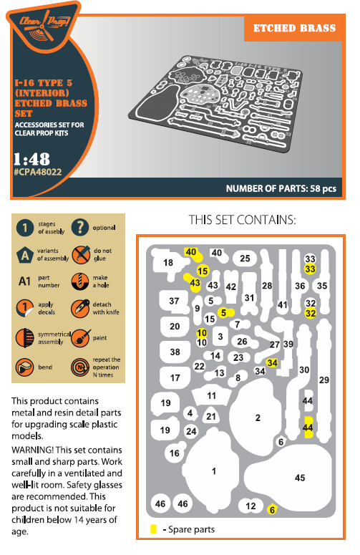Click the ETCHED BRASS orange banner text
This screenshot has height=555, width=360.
pyautogui.click(x=294, y=29)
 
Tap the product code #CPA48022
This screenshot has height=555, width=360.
pyautogui.click(x=37, y=172)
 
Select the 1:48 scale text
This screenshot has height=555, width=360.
pyautogui.click(x=31, y=159)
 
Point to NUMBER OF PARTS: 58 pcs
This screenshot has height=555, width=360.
pyautogui.click(x=281, y=188)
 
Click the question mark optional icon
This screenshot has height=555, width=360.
pyautogui.click(x=80, y=227)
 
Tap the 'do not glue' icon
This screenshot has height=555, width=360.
pyautogui.click(x=81, y=254)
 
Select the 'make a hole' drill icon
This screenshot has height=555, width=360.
pyautogui.click(x=80, y=281)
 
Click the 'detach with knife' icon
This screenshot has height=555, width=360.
pyautogui.click(x=80, y=309)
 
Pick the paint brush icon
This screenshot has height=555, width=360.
pyautogui.click(x=81, y=338)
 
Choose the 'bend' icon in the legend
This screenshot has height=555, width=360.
pyautogui.click(x=24, y=367)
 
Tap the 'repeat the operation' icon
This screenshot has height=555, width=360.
pyautogui.click(x=80, y=367)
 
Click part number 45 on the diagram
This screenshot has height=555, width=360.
pyautogui.click(x=300, y=478)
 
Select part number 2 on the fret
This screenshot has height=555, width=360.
pyautogui.click(x=258, y=418)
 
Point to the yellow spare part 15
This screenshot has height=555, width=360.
pyautogui.click(x=203, y=271)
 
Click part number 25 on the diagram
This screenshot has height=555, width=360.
pyautogui.click(x=245, y=259)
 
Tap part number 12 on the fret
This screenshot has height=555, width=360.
pyautogui.click(x=250, y=506)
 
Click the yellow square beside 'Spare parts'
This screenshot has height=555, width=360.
pyautogui.click(x=153, y=529)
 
